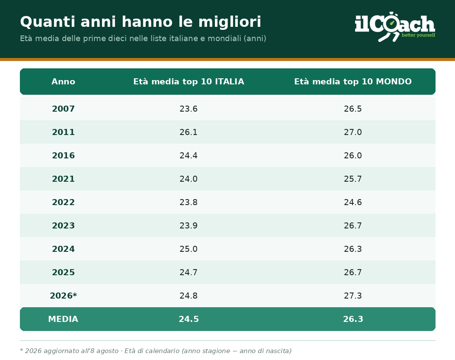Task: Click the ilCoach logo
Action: coord(395,27)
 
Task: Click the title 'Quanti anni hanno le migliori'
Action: coord(141,22)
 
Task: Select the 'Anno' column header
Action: coord(63,82)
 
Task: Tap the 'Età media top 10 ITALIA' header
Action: coord(189,82)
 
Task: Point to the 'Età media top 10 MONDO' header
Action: coord(353,82)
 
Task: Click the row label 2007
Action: coord(63,109)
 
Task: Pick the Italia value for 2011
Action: coord(189,132)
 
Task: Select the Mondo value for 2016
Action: coord(353,156)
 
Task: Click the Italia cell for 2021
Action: coord(189,179)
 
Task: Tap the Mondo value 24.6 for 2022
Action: coord(353,202)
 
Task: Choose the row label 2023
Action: coord(63,225)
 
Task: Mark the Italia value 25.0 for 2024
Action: coord(189,249)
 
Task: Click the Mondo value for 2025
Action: coord(353,272)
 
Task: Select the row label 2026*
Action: coord(63,296)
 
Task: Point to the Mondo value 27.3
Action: coord(353,296)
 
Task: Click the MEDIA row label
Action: coord(63,319)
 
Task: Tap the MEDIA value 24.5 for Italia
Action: coord(189,319)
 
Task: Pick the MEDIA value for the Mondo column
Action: coord(353,319)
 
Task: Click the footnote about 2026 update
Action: coord(156,351)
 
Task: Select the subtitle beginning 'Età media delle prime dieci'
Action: coord(143,39)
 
